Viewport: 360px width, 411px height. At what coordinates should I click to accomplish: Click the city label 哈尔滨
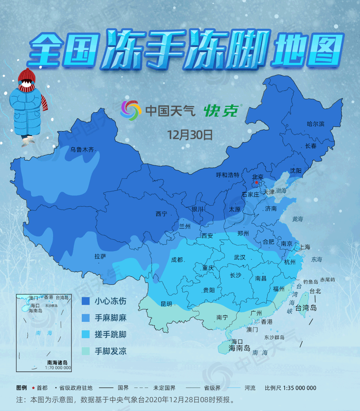tap(315, 124)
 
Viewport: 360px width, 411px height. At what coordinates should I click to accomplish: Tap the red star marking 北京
tap(256, 183)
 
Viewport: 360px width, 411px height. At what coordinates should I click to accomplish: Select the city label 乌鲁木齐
tap(82, 150)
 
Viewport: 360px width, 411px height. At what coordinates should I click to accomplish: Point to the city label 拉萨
tap(100, 256)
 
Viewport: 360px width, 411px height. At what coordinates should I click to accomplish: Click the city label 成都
tap(177, 259)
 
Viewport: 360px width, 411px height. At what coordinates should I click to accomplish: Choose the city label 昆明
tap(166, 304)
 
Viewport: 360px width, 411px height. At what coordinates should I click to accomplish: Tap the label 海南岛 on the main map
tap(239, 348)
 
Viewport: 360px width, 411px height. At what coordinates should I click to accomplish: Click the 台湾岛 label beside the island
tap(306, 307)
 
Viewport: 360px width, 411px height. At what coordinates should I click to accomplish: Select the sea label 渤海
tap(281, 191)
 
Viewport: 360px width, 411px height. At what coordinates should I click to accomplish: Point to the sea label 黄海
tap(297, 219)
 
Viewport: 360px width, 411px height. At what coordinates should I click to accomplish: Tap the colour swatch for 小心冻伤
tap(86, 301)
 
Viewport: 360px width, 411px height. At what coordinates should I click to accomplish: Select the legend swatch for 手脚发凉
tap(86, 351)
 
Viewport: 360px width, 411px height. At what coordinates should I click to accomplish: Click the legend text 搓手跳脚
tap(110, 334)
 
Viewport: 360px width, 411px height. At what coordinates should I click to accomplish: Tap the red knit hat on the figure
tap(26, 75)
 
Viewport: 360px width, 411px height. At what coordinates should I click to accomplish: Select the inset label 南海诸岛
tap(57, 363)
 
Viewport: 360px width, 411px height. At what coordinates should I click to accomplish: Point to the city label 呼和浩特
tap(228, 175)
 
